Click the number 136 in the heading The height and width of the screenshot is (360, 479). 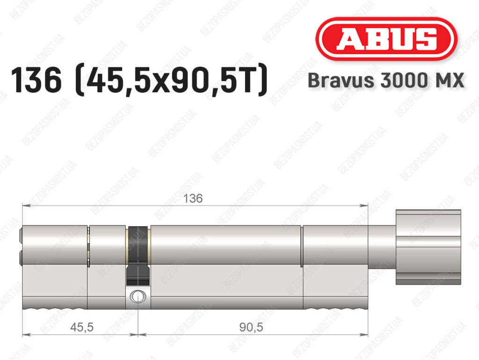point(36,81)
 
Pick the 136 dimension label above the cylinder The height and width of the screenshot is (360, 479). point(193,198)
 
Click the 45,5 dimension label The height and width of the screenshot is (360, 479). point(82,327)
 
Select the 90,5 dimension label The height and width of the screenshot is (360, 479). point(251,327)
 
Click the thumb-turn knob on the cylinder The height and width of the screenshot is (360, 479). point(428,247)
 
